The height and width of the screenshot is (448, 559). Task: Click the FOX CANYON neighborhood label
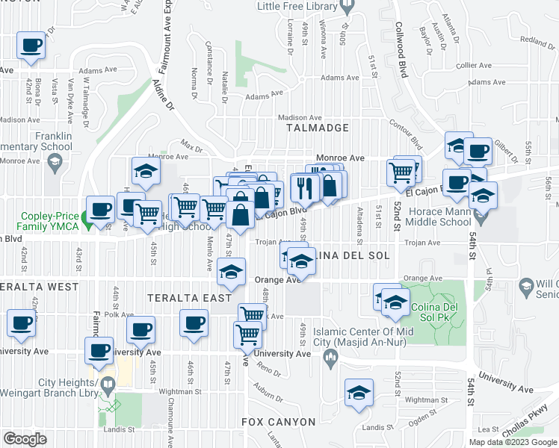278,422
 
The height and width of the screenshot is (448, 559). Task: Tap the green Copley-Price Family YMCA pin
85,220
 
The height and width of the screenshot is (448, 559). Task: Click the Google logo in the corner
25,438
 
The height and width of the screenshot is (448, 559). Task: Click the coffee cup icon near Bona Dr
31,45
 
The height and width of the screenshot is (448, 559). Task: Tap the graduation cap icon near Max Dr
146,171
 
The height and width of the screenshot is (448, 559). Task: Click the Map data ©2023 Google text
512,442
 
